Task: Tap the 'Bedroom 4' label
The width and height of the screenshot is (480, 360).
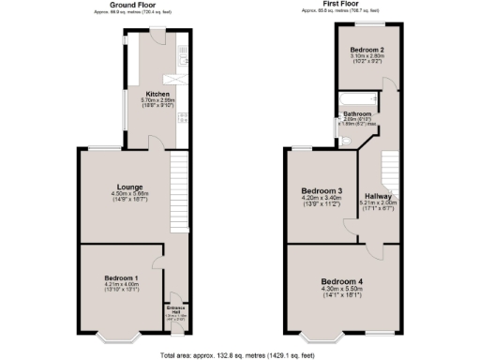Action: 341,281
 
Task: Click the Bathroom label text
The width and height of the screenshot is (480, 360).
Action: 357,114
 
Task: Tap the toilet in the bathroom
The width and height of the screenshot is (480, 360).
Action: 346,141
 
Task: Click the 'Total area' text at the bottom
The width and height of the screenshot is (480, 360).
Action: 239,353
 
